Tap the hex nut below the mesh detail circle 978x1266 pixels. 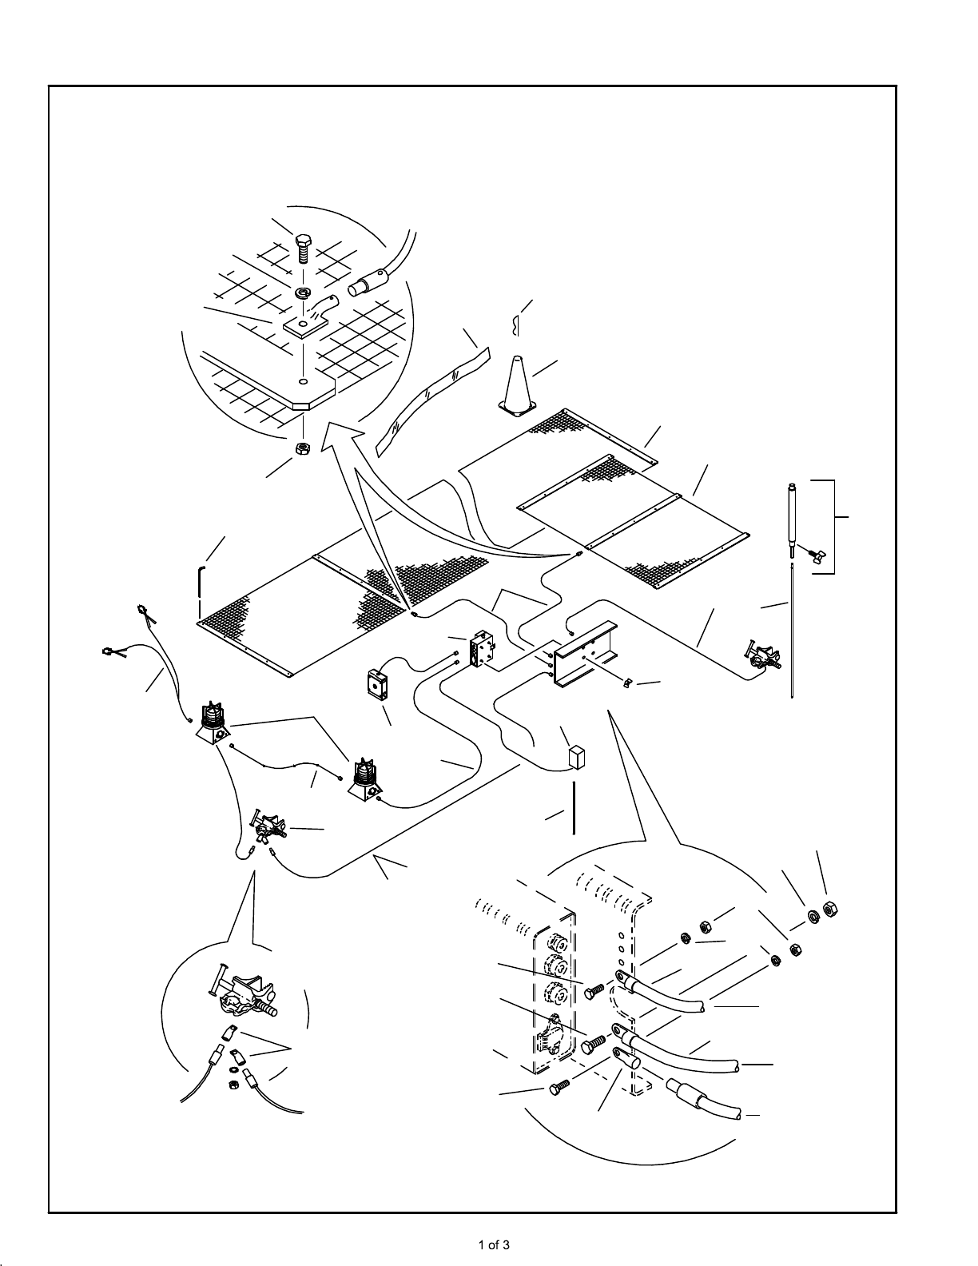click(304, 449)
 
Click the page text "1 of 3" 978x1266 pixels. click(493, 1244)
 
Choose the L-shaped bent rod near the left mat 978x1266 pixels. click(201, 591)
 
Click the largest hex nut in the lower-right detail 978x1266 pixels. click(830, 910)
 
